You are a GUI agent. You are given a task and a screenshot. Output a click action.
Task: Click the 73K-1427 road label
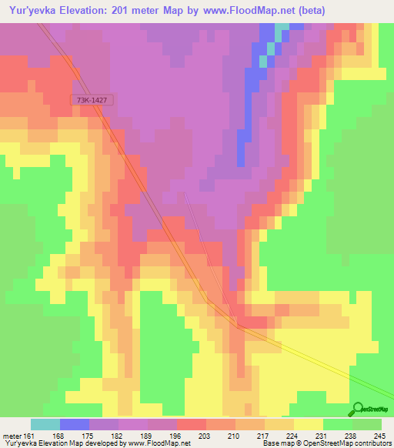[x=93, y=100]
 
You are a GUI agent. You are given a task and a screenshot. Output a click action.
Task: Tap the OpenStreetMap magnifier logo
[x=359, y=409]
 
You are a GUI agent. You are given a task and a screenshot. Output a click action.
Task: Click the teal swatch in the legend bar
[x=45, y=424]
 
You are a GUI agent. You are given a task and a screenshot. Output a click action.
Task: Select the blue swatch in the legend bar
[x=75, y=424]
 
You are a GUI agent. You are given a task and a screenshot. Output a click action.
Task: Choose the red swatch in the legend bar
[x=192, y=424]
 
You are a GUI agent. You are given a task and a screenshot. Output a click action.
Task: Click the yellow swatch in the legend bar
[x=309, y=424]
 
